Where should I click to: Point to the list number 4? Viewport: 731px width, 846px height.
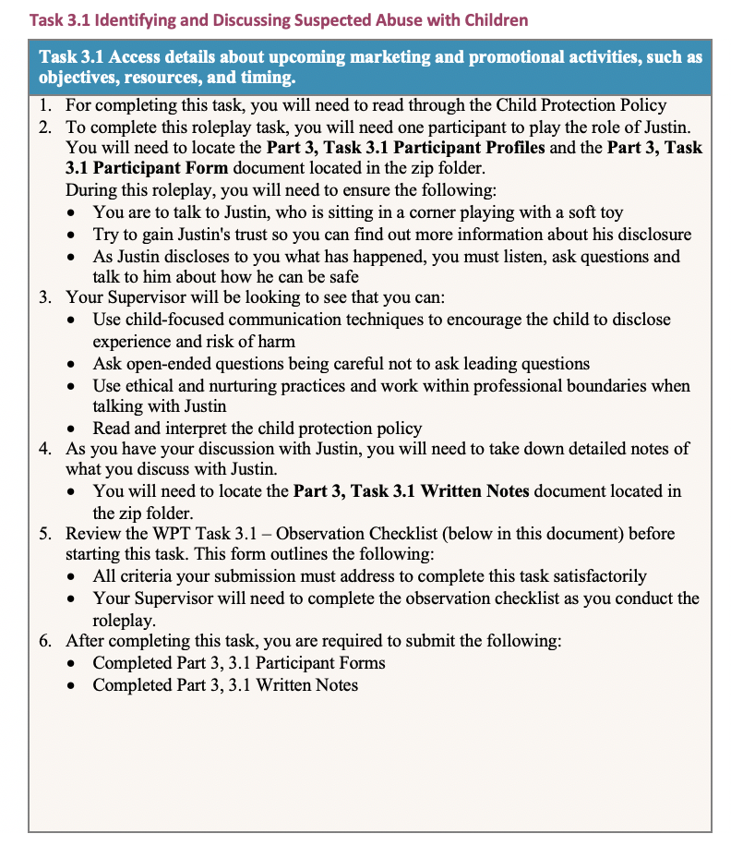click(45, 449)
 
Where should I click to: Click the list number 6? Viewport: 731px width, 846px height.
click(45, 641)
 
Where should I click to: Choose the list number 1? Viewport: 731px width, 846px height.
click(45, 105)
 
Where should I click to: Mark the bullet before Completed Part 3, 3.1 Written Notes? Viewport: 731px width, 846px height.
click(75, 685)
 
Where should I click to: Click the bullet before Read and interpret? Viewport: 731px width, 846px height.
click(75, 429)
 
